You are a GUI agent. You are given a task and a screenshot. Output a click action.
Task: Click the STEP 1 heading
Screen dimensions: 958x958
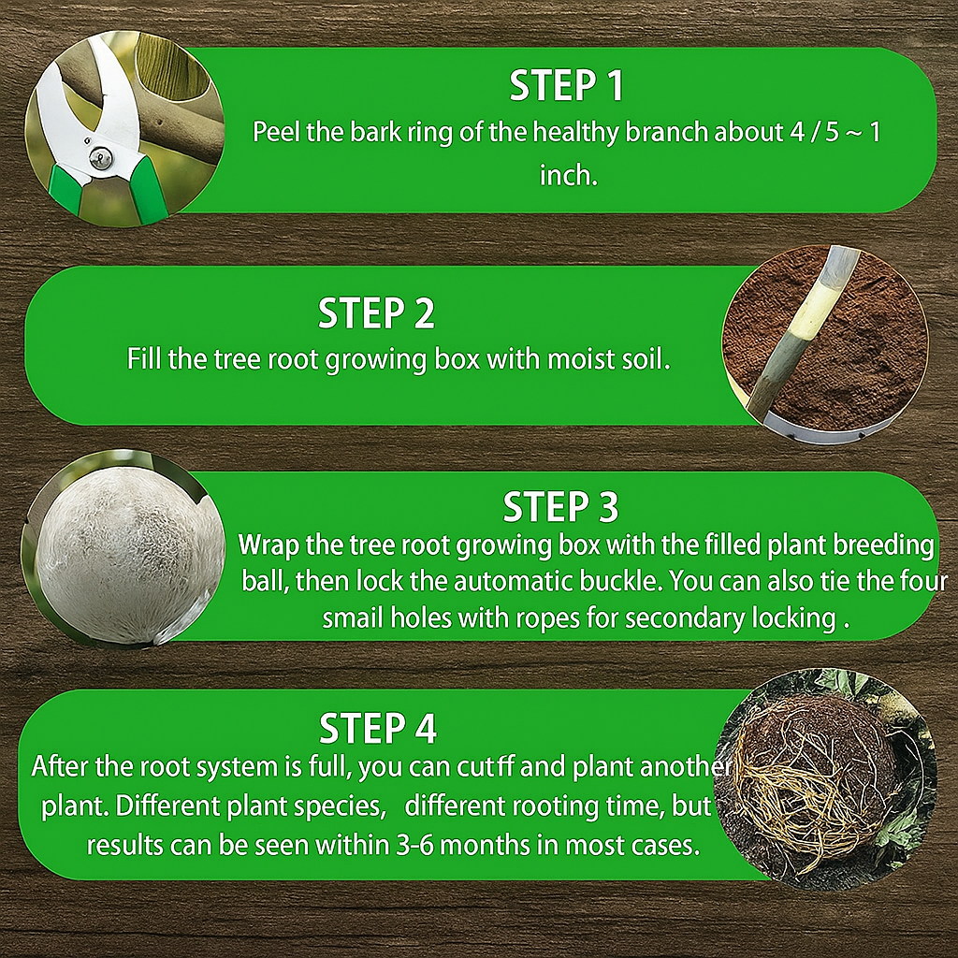566,86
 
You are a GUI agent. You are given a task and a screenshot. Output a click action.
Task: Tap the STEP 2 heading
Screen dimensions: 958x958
376,314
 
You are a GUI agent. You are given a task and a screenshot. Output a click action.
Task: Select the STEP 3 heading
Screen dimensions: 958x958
560,508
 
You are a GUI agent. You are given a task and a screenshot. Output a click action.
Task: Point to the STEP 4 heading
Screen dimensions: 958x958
378,728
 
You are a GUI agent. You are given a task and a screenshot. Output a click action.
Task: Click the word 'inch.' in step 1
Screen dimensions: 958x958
568,175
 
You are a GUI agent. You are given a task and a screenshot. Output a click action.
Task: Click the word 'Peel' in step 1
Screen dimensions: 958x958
276,132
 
